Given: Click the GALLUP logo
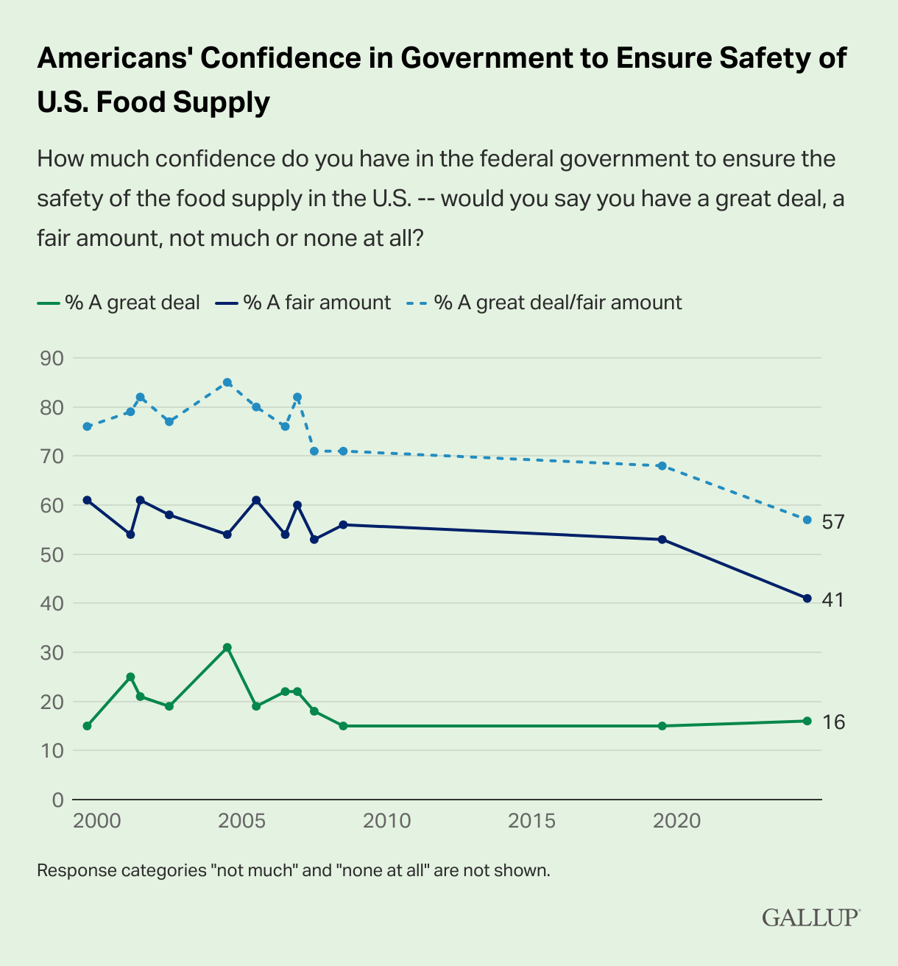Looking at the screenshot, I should click(810, 917).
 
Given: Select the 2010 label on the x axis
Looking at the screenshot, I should click(387, 821).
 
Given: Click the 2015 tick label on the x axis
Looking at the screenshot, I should click(532, 821).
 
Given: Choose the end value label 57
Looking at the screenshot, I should click(833, 522).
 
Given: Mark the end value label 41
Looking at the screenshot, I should click(832, 600).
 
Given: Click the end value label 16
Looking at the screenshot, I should click(833, 722).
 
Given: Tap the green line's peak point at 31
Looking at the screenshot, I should click(227, 647).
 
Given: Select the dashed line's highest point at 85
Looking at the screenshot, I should click(227, 382).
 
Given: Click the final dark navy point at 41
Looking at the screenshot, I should click(807, 598).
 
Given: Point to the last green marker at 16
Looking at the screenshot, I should click(807, 721).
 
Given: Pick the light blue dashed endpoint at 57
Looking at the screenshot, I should click(807, 520).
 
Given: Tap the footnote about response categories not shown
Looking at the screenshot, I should click(294, 871).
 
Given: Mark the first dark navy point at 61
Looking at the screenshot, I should click(87, 500).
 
